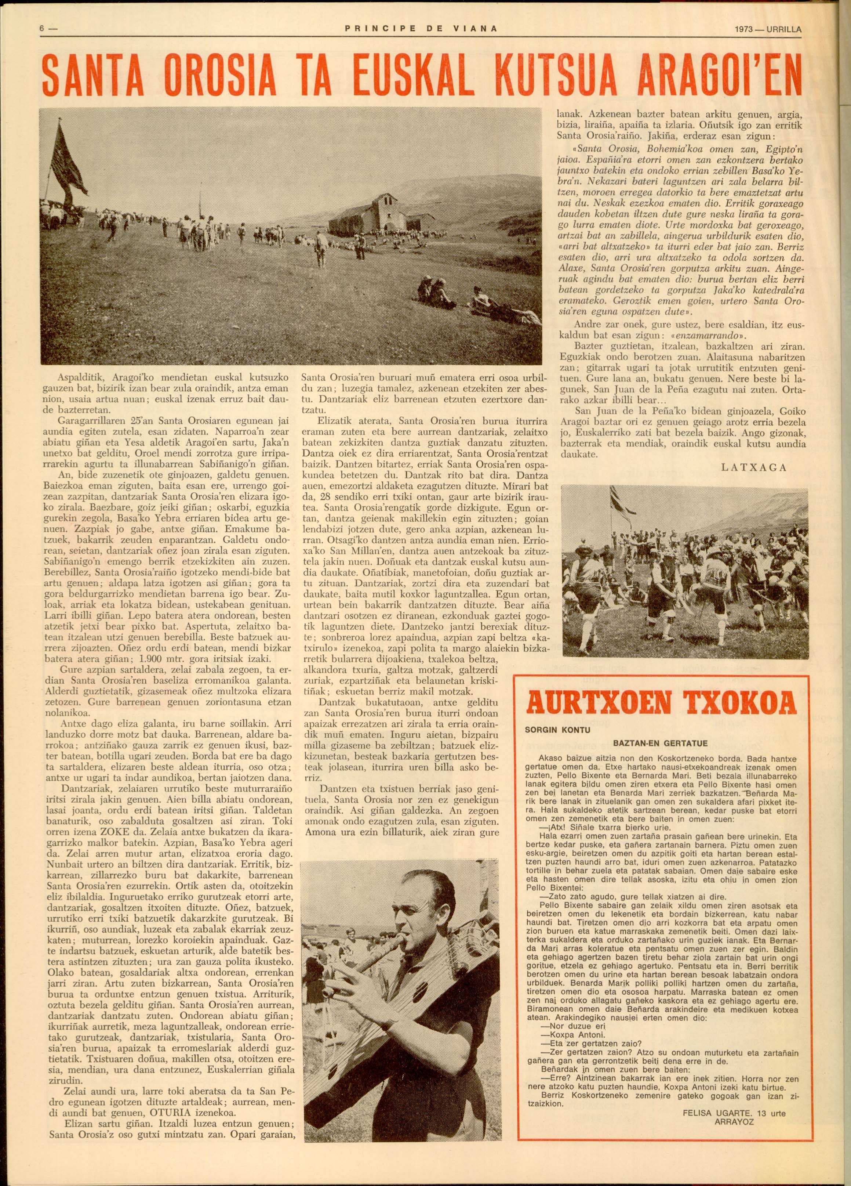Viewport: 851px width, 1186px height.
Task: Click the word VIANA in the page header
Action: pyautogui.click(x=468, y=29)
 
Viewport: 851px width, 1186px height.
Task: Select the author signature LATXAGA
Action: pyautogui.click(x=753, y=467)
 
